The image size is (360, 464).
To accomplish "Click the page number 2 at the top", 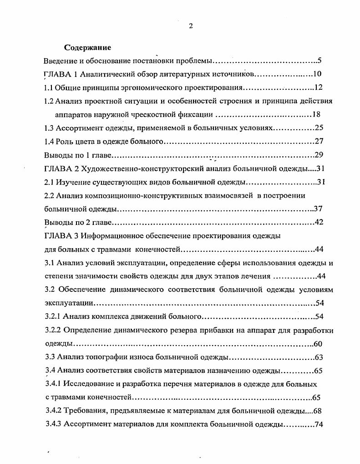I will [191, 26].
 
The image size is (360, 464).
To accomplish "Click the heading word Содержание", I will [87, 47].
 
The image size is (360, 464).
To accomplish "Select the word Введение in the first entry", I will [60, 61].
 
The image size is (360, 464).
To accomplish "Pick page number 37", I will [318, 209].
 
